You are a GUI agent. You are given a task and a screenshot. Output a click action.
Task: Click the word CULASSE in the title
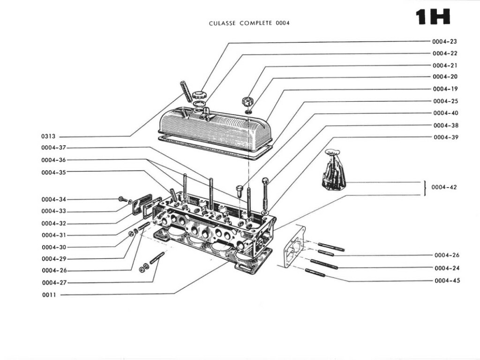[223, 23]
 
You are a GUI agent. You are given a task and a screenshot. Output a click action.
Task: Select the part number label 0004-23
[445, 41]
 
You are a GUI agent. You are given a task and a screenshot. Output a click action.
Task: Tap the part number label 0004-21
[445, 65]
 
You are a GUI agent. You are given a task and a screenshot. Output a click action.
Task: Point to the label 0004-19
[445, 89]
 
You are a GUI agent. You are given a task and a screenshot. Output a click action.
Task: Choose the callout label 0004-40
[445, 113]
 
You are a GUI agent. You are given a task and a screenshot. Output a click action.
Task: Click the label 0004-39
[445, 137]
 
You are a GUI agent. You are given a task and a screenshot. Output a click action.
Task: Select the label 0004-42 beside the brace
[444, 187]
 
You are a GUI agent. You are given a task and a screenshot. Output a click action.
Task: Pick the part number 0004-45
[447, 280]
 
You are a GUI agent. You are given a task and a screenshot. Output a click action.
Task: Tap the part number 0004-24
[447, 268]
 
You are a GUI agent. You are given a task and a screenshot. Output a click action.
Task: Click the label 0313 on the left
[48, 136]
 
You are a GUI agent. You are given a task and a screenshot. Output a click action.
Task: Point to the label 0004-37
[54, 148]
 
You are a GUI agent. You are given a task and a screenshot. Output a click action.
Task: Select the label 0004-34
[54, 199]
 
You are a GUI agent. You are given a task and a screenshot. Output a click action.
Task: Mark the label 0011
[49, 295]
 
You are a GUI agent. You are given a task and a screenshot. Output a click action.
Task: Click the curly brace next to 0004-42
[424, 187]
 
